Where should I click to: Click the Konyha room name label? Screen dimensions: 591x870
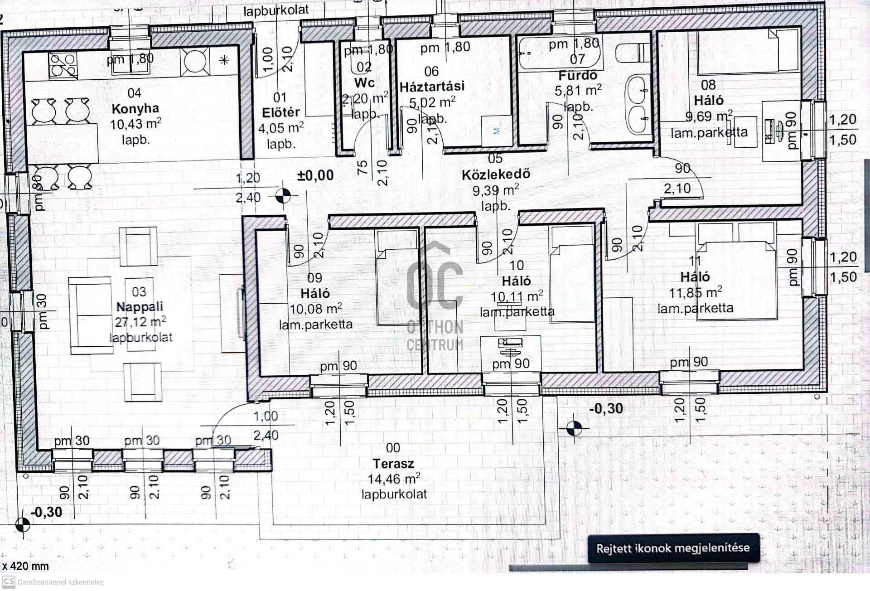coord(135,109)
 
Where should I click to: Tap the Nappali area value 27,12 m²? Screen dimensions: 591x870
coord(140,322)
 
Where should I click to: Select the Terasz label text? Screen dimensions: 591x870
coord(393,464)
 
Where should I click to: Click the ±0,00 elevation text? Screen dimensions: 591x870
coord(315,175)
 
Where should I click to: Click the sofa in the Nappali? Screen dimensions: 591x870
coord(90,315)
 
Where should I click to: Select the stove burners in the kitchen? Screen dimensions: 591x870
coord(63,66)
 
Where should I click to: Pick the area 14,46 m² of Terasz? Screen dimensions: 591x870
coord(393,479)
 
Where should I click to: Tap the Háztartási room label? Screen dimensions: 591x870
coord(432,87)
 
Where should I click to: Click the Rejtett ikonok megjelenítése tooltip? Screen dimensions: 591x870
coord(673,548)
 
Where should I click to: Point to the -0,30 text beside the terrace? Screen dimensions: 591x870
coord(606,409)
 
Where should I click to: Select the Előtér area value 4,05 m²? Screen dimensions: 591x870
coord(280,128)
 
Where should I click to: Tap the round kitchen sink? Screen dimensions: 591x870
coord(195,61)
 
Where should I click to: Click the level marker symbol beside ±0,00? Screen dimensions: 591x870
coord(283,196)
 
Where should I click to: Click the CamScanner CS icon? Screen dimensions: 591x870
coord(9,582)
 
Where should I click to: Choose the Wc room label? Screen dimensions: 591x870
coord(364,83)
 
